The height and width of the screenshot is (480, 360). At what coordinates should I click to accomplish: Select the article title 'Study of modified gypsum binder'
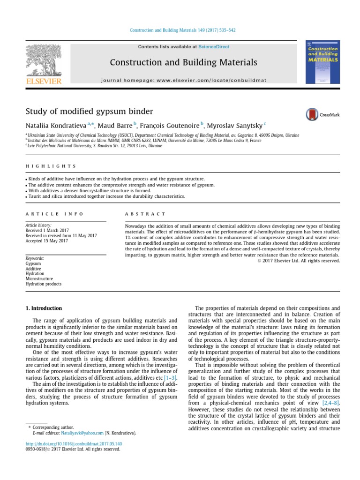point(89,112)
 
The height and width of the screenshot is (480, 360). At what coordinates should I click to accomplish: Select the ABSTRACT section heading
point(145,214)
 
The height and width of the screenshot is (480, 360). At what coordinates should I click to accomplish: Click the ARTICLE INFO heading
point(54,214)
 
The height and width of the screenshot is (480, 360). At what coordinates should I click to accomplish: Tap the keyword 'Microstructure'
point(39,278)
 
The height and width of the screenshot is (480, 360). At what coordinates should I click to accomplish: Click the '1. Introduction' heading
point(43,308)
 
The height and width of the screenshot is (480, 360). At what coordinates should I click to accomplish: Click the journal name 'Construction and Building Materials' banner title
point(183,62)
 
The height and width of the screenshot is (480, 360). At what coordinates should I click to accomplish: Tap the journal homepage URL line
point(183,80)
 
